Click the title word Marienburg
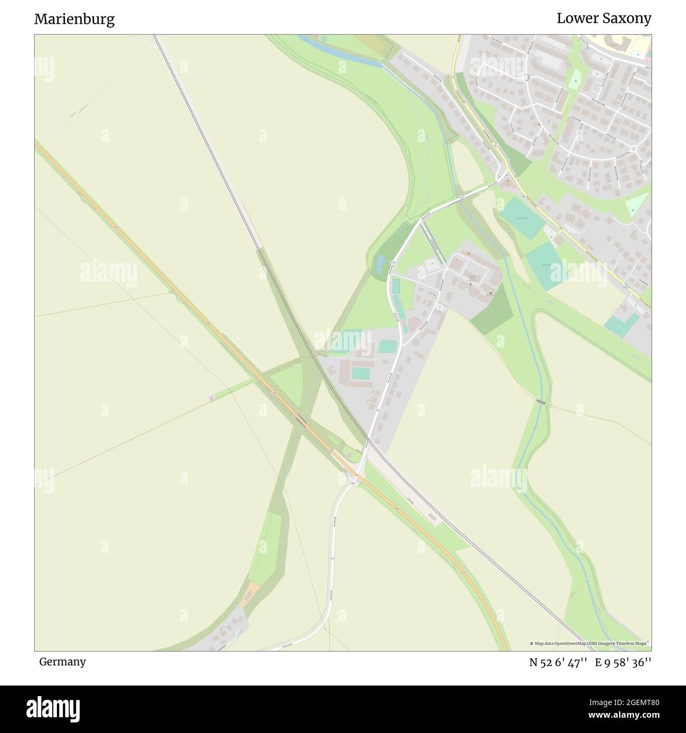[74, 20]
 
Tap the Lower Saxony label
[604, 18]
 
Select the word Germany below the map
[62, 661]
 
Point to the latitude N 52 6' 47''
[559, 662]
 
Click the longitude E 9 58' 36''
[623, 662]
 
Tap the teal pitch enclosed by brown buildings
[361, 373]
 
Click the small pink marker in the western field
[212, 398]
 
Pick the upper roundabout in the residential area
[526, 78]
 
